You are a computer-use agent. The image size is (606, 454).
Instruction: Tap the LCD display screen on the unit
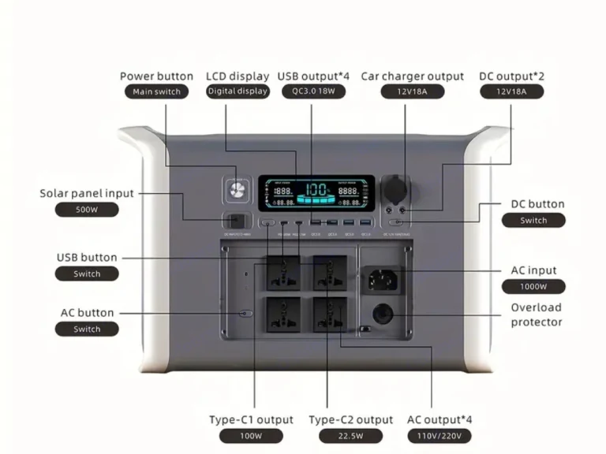pyautogui.click(x=319, y=193)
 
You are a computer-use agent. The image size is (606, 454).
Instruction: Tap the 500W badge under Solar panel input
pyautogui.click(x=87, y=210)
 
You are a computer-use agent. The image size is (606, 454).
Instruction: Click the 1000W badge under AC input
pyautogui.click(x=533, y=286)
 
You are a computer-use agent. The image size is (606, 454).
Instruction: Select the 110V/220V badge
pyautogui.click(x=439, y=435)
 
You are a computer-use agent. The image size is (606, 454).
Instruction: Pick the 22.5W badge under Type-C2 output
pyautogui.click(x=350, y=435)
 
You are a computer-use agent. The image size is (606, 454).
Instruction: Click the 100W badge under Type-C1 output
pyautogui.click(x=251, y=435)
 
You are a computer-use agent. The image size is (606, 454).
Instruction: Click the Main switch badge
pyautogui.click(x=156, y=91)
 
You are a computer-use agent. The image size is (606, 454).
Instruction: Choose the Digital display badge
pyautogui.click(x=238, y=91)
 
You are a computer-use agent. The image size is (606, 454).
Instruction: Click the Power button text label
pyautogui.click(x=156, y=76)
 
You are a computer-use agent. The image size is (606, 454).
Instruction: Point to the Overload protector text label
pyautogui.click(x=536, y=314)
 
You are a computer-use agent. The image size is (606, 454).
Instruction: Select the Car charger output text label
pyautogui.click(x=412, y=76)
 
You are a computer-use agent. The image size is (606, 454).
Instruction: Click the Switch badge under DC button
pyautogui.click(x=533, y=220)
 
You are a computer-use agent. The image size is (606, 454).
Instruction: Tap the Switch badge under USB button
pyautogui.click(x=87, y=274)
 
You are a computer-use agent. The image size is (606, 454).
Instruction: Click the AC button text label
pyautogui.click(x=87, y=313)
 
